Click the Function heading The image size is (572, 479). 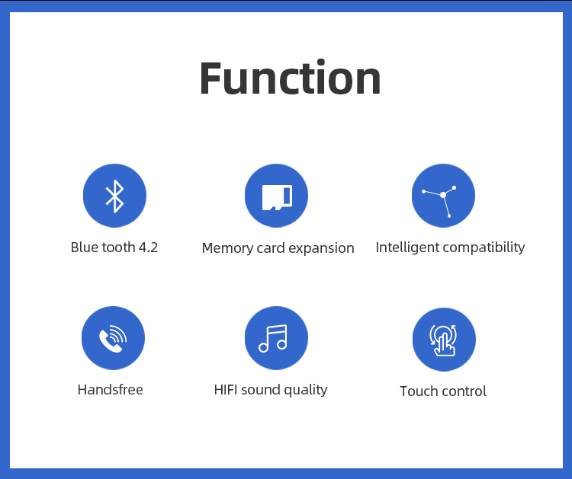pyautogui.click(x=291, y=78)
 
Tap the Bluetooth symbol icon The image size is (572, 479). pyautogui.click(x=114, y=196)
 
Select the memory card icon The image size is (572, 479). pyautogui.click(x=277, y=197)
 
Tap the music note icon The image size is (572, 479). pyautogui.click(x=273, y=338)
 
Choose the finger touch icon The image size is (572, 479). pyautogui.click(x=444, y=340)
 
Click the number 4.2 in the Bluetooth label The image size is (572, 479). pyautogui.click(x=149, y=247)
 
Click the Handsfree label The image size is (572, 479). pyautogui.click(x=110, y=390)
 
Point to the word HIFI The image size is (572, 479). pyautogui.click(x=226, y=390)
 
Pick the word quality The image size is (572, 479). pyautogui.click(x=306, y=390)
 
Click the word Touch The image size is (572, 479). pyautogui.click(x=419, y=391)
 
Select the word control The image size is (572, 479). pyautogui.click(x=464, y=391)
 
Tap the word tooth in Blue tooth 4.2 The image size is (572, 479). pyautogui.click(x=118, y=247)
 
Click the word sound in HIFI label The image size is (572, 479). pyautogui.click(x=261, y=390)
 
